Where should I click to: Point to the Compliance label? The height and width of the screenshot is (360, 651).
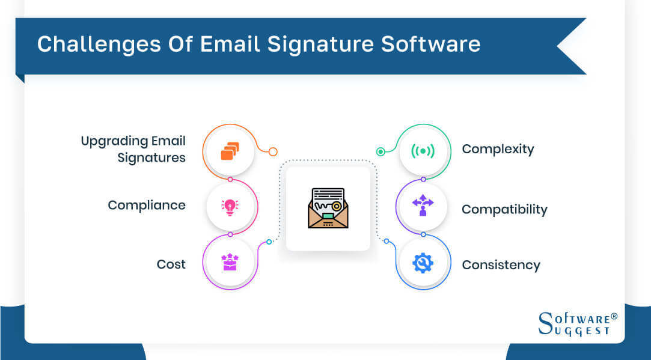[147, 205]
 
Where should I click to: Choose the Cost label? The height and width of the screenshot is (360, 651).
[171, 264]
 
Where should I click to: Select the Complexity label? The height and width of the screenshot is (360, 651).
[498, 149]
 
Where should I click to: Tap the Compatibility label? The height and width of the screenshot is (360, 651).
[504, 209]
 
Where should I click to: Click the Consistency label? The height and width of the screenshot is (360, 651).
[501, 264]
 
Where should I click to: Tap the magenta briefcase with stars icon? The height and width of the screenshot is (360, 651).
[230, 262]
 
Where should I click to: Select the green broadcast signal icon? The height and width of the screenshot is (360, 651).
[423, 151]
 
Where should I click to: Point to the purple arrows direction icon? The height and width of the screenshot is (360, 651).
[423, 206]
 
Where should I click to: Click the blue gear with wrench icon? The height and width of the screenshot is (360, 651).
[423, 263]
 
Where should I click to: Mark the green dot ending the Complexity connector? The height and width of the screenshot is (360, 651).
[381, 152]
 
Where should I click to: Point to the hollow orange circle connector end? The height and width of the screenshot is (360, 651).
[273, 152]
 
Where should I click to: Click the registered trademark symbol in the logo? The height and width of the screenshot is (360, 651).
[613, 315]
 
